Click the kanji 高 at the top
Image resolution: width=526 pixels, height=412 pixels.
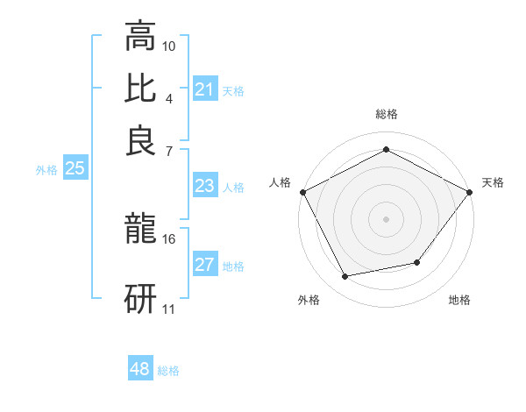tap(140, 37)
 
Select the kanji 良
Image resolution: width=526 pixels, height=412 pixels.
tap(140, 140)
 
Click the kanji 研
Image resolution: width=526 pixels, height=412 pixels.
tap(140, 297)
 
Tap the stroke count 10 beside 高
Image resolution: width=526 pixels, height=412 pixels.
tap(169, 46)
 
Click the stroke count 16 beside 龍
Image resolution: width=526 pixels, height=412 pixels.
tap(169, 238)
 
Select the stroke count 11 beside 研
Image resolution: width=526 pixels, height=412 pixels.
tap(169, 308)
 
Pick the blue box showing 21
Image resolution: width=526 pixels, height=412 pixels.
tap(204, 89)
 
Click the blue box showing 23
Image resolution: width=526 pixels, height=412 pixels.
tap(204, 186)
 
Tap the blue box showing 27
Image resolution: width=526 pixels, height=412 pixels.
tap(204, 266)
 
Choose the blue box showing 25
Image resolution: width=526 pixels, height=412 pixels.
tap(75, 169)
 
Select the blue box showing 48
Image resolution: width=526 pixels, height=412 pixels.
tap(140, 369)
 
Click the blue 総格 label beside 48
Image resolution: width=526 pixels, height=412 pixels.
tap(168, 371)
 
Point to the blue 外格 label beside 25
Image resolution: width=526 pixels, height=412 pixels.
tap(46, 170)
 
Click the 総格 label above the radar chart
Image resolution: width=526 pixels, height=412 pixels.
tap(386, 114)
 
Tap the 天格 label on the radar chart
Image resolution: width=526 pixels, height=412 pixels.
tap(493, 182)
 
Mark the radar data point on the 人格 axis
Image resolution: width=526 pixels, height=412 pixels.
tap(302, 191)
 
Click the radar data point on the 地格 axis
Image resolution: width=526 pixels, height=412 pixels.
tap(417, 262)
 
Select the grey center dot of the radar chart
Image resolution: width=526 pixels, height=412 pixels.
tap(386, 218)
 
